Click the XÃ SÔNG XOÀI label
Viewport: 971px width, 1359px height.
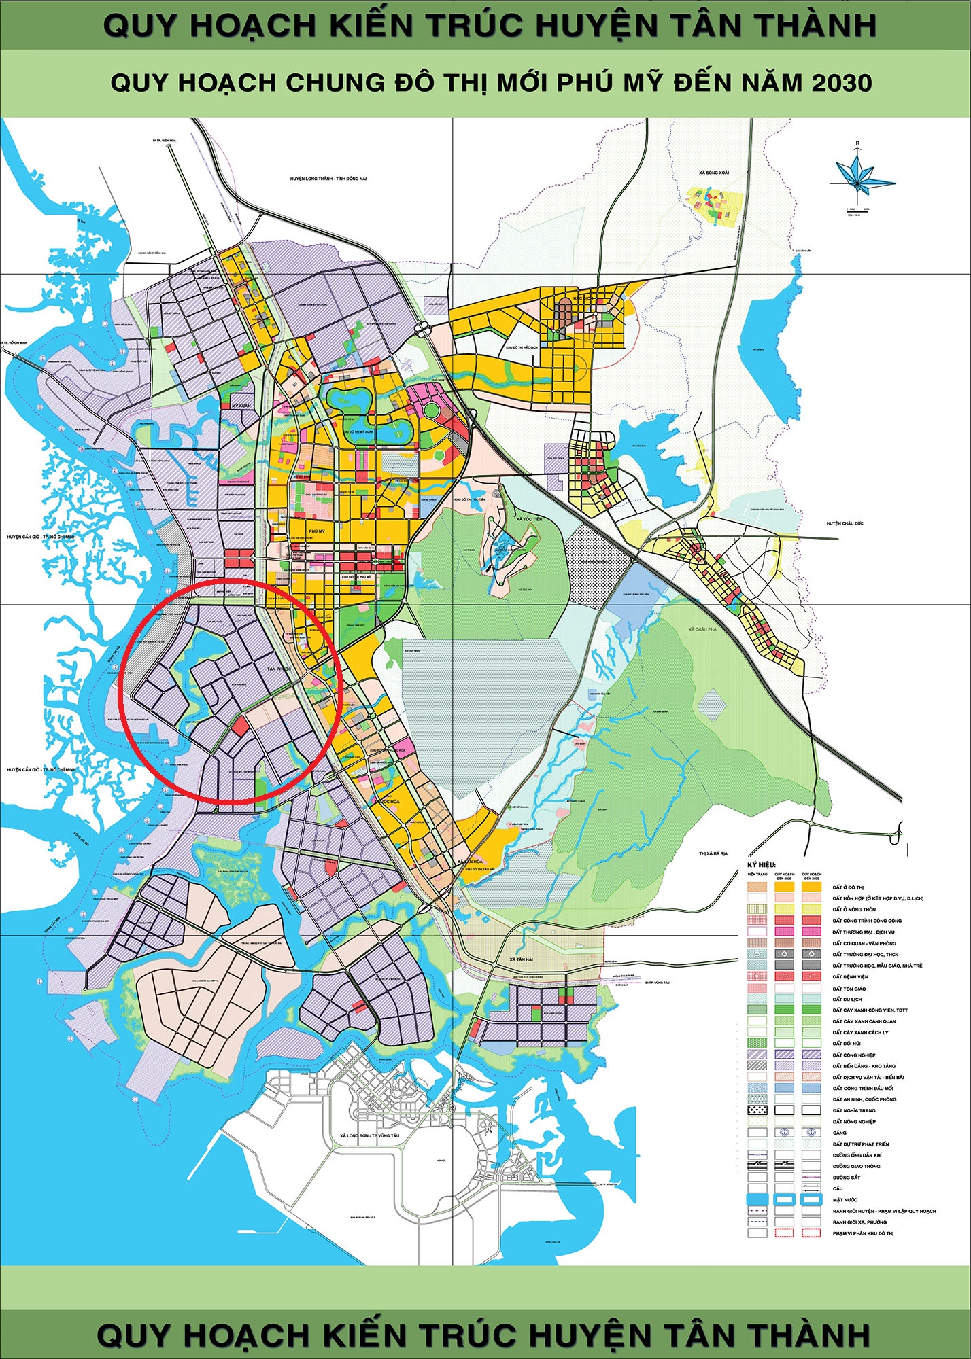(713, 173)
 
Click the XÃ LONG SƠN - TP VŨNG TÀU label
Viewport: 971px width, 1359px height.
(370, 1135)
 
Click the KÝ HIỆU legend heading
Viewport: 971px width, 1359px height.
(762, 864)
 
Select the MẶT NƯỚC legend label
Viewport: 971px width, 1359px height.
(846, 1200)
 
